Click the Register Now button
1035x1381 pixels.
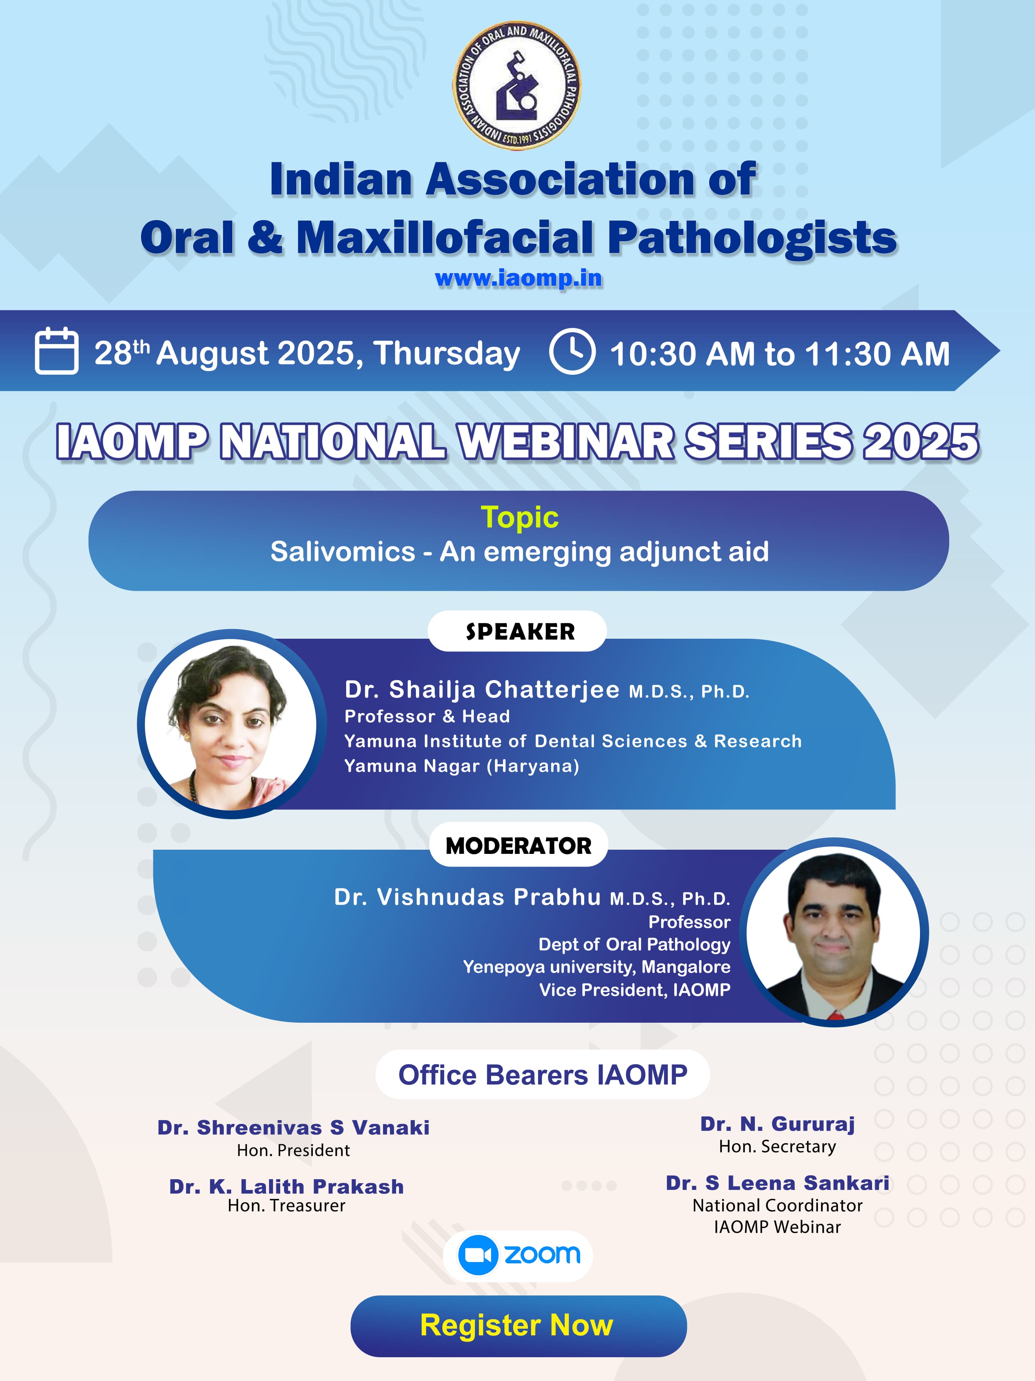click(518, 1325)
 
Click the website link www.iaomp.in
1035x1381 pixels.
click(518, 278)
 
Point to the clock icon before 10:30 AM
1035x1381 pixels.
click(572, 351)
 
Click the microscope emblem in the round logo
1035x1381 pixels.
click(516, 86)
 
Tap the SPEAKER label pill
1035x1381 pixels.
click(517, 631)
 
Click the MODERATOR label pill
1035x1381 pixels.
click(518, 845)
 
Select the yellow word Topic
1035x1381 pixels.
click(520, 517)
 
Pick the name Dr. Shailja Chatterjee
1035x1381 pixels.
click(482, 689)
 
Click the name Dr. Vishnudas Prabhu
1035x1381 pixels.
click(467, 897)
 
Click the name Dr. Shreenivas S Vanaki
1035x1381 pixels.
click(293, 1127)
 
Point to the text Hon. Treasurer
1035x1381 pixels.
click(286, 1206)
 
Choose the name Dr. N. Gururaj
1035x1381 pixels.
click(777, 1124)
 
